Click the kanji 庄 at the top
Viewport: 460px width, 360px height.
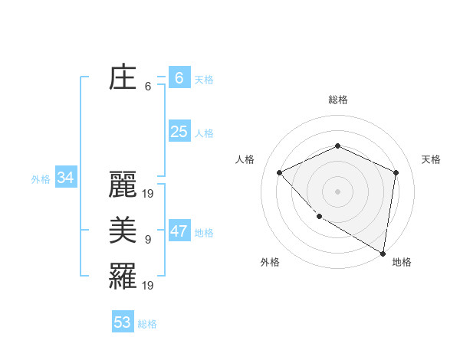coord(123,78)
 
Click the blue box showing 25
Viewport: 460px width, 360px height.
coord(179,132)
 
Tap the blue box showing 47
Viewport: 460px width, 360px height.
coord(179,231)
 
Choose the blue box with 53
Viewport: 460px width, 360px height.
coord(123,322)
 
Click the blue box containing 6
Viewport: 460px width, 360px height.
coord(179,77)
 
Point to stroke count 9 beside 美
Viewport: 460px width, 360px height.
coord(148,240)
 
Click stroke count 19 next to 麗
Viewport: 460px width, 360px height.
coord(149,194)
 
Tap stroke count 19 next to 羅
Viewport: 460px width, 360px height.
coord(149,285)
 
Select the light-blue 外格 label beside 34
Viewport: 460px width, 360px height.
coord(41,180)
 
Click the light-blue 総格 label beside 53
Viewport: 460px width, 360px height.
coord(147,324)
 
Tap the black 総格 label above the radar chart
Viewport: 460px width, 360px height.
coord(338,100)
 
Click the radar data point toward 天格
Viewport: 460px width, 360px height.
coord(396,172)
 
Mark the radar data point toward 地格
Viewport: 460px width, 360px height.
coord(383,253)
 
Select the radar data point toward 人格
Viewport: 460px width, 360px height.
coord(280,172)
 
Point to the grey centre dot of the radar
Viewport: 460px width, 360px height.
coord(338,191)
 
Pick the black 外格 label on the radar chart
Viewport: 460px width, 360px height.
coord(270,262)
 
